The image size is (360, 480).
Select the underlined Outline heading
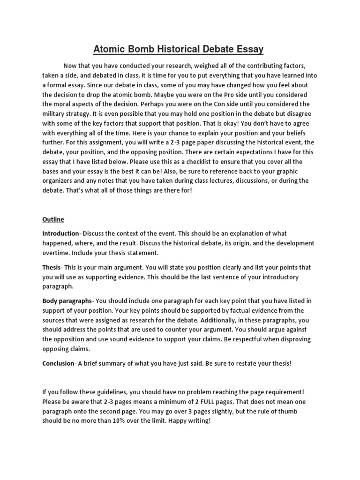point(53,219)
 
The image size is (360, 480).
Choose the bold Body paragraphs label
point(67,300)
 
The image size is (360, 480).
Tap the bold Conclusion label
point(58,363)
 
